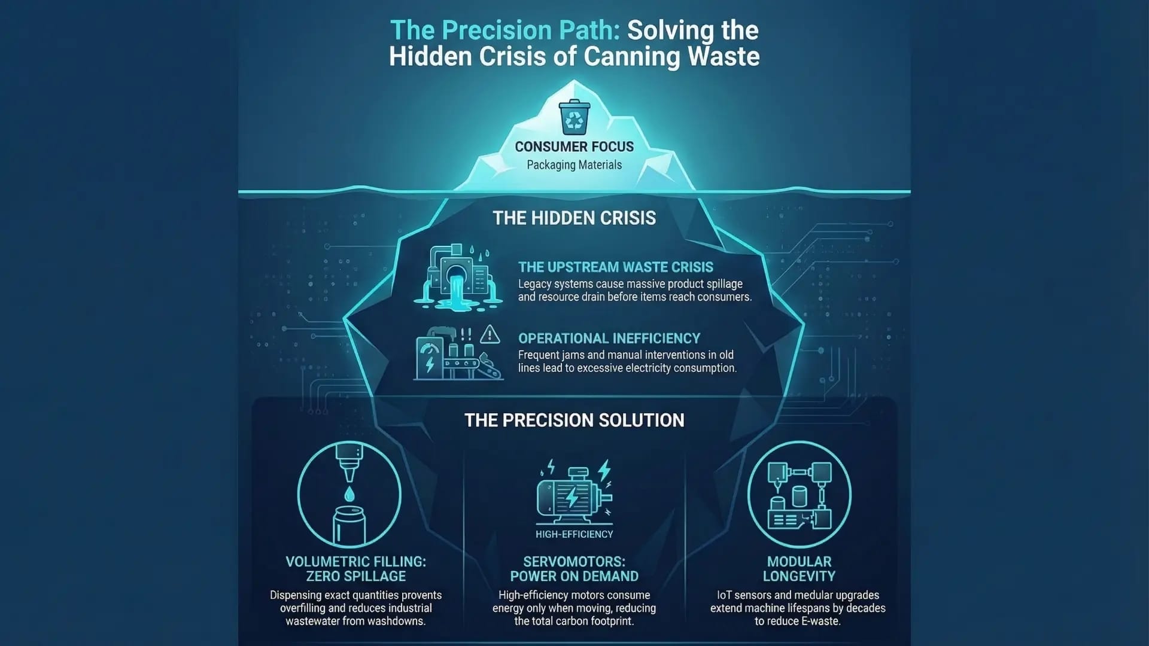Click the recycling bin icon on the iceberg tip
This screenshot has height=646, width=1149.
click(x=574, y=117)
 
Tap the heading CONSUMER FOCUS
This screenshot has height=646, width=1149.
click(x=574, y=147)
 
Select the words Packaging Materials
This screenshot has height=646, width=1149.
click(x=574, y=165)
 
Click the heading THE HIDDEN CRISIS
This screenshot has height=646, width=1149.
click(x=574, y=218)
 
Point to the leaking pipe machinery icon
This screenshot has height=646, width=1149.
click(x=458, y=277)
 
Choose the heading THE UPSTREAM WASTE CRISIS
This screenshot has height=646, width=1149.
click(x=616, y=267)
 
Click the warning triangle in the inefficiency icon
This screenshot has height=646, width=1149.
click(x=490, y=334)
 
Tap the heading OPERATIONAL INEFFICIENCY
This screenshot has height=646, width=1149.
click(x=609, y=339)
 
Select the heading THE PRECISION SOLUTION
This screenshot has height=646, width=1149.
click(x=574, y=420)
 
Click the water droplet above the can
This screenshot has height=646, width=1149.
click(x=349, y=493)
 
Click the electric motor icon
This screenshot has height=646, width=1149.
click(x=574, y=492)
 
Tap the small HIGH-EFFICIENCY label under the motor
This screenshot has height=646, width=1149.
click(x=574, y=534)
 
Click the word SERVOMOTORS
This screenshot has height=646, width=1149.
click(x=574, y=562)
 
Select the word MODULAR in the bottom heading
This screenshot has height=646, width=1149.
click(x=799, y=562)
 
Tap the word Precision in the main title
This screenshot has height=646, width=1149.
click(x=493, y=30)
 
